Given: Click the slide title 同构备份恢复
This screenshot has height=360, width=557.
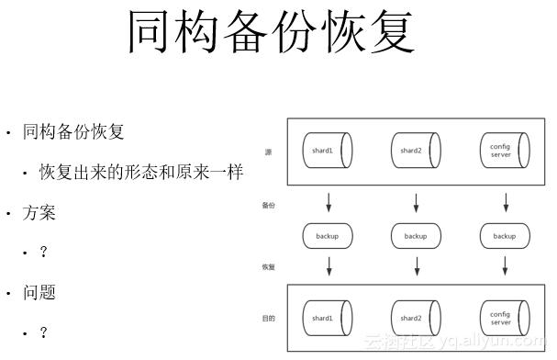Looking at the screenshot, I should pyautogui.click(x=271, y=32).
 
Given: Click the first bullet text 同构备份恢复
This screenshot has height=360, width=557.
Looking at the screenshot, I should pyautogui.click(x=72, y=131).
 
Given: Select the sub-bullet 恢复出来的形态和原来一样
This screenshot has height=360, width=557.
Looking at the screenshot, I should pyautogui.click(x=139, y=172).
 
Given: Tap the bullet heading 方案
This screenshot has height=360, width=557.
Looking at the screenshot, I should pyautogui.click(x=39, y=213).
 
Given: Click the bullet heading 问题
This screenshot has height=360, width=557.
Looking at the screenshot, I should pyautogui.click(x=39, y=293).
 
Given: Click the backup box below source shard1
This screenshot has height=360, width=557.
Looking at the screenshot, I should pyautogui.click(x=329, y=236).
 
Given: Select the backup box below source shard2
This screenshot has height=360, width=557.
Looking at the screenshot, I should pyautogui.click(x=417, y=236).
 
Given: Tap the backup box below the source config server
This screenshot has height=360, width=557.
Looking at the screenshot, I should pyautogui.click(x=505, y=236).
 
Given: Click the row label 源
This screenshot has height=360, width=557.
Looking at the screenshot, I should pyautogui.click(x=268, y=152).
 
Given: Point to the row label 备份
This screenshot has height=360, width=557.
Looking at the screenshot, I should pyautogui.click(x=268, y=205).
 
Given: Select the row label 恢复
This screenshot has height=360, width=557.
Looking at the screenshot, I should pyautogui.click(x=268, y=267).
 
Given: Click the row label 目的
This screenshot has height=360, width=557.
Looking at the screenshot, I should pyautogui.click(x=268, y=318).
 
